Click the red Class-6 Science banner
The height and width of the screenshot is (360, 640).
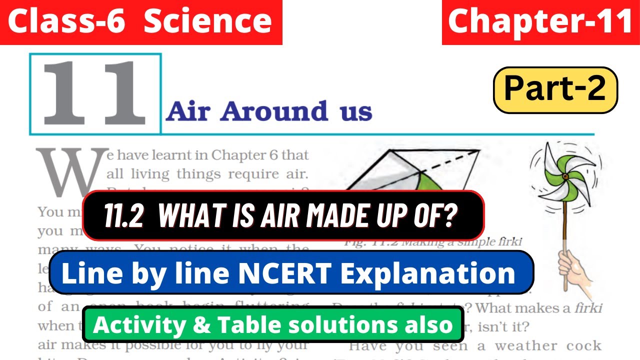[141, 22]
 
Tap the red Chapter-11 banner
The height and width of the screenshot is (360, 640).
[540, 22]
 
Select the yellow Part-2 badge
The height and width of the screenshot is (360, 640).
[555, 89]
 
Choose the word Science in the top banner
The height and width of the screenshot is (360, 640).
[207, 22]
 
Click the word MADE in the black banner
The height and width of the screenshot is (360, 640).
[339, 215]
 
